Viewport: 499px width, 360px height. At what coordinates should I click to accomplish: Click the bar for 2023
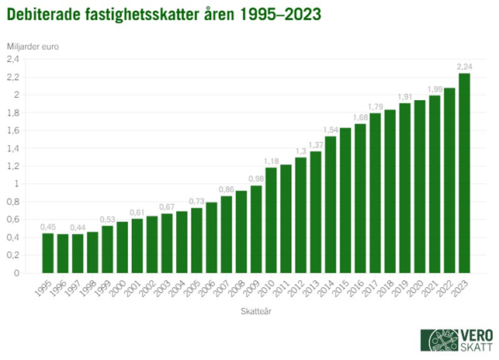click(x=465, y=173)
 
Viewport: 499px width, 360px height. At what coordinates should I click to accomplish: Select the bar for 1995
click(x=48, y=253)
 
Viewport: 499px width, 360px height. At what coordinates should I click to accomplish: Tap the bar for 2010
click(x=271, y=220)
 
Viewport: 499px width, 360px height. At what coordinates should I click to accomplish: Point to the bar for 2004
click(x=182, y=242)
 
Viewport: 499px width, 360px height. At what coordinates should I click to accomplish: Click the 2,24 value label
click(x=465, y=66)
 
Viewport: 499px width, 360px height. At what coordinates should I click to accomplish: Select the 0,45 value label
click(x=48, y=226)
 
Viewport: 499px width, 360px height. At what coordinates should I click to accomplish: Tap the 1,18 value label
click(x=271, y=161)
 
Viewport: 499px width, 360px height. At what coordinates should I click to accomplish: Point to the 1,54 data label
click(x=331, y=129)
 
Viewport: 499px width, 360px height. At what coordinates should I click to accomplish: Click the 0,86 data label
click(x=226, y=189)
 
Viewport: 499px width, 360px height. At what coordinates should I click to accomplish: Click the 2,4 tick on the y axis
click(x=12, y=59)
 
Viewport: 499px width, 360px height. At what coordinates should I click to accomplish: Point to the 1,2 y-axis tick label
click(x=12, y=166)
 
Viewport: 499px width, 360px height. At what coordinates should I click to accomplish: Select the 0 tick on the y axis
click(x=16, y=273)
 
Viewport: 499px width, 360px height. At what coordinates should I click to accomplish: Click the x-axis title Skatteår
click(x=255, y=312)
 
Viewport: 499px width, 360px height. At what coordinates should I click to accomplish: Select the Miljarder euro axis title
click(x=33, y=45)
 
